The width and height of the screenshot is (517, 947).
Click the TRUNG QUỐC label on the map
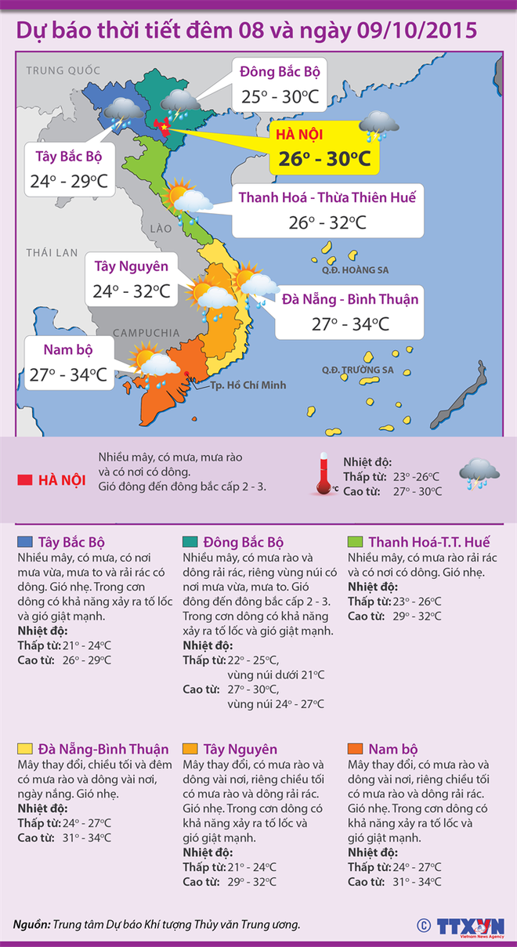(60, 70)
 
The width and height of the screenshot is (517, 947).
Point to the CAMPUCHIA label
(146, 334)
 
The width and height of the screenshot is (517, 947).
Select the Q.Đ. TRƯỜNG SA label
(357, 370)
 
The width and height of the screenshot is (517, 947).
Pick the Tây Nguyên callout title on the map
(131, 266)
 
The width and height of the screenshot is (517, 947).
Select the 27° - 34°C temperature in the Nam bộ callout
(68, 374)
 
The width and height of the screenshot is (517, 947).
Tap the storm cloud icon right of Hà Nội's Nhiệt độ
(479, 474)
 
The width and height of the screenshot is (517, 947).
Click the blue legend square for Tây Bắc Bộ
(24, 542)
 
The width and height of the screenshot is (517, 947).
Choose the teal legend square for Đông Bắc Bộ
(190, 542)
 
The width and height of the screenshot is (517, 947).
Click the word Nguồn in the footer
(31, 924)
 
